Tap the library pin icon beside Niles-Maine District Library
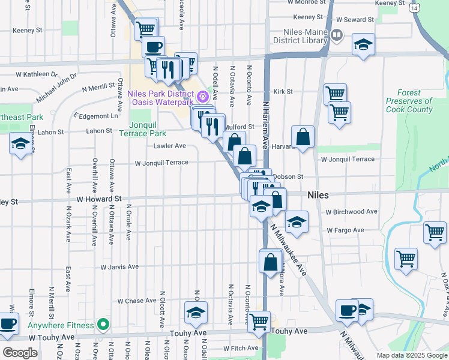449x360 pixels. (x=337, y=35)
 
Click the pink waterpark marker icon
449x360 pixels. (x=203, y=95)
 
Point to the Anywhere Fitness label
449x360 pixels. (x=61, y=326)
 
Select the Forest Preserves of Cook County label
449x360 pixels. (x=410, y=101)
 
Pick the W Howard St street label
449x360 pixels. (x=99, y=197)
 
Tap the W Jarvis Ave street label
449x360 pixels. (x=119, y=266)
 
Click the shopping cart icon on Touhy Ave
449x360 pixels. (x=259, y=322)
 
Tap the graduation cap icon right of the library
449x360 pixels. (x=363, y=45)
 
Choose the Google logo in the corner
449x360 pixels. (x=20, y=353)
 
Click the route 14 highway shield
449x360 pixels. (x=414, y=9)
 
